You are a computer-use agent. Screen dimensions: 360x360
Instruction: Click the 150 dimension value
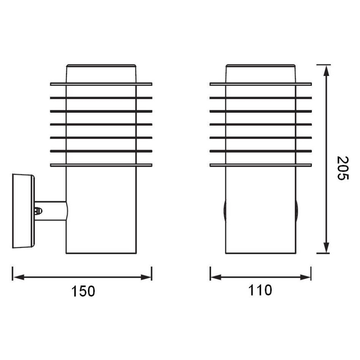pyautogui.click(x=83, y=291)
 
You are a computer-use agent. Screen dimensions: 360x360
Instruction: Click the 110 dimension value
pyautogui.click(x=260, y=290)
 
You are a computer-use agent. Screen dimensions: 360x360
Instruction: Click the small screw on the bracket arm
pyautogui.click(x=39, y=211)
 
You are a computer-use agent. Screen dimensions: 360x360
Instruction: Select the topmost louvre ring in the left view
pyautogui.click(x=101, y=84)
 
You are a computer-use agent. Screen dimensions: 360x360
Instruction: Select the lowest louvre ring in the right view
pyautogui.click(x=260, y=165)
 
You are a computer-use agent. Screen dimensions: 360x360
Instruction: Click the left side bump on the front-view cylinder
pyautogui.click(x=224, y=211)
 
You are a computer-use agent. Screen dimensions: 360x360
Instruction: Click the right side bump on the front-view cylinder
pyautogui.click(x=297, y=211)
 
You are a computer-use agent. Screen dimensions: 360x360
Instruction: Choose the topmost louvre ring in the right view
pyautogui.click(x=260, y=84)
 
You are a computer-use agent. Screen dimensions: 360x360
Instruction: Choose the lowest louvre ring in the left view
pyautogui.click(x=101, y=165)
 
